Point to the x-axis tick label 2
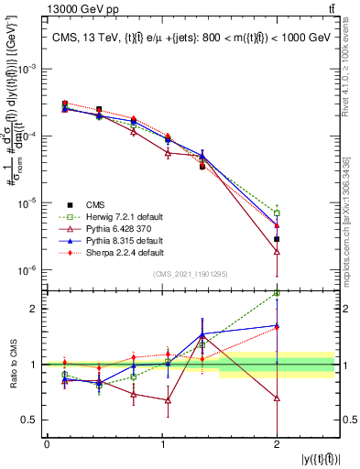point(277,445)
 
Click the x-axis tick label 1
point(162,445)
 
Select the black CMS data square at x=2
point(277,239)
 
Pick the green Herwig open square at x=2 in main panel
point(277,213)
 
